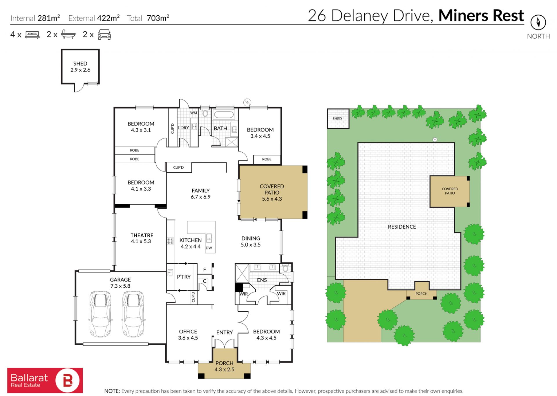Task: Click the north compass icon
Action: point(538,22)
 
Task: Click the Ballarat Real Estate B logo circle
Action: point(68,380)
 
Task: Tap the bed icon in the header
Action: point(32,35)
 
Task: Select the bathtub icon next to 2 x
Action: point(68,34)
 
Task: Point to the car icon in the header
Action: point(104,34)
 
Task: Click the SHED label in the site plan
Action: point(337,118)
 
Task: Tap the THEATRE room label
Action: point(142,235)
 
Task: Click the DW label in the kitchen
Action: point(209,248)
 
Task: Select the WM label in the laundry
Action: point(193,113)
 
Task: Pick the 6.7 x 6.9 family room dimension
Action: point(200,197)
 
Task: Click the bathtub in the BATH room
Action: point(224,114)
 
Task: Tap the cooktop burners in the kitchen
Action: point(170,241)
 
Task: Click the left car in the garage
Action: point(100,314)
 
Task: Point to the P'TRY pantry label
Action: point(184,277)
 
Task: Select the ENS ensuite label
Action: point(262,280)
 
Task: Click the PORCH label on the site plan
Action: point(421,294)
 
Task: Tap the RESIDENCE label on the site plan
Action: point(402,227)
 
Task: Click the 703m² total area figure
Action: point(158,18)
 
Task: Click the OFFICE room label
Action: point(188,331)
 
